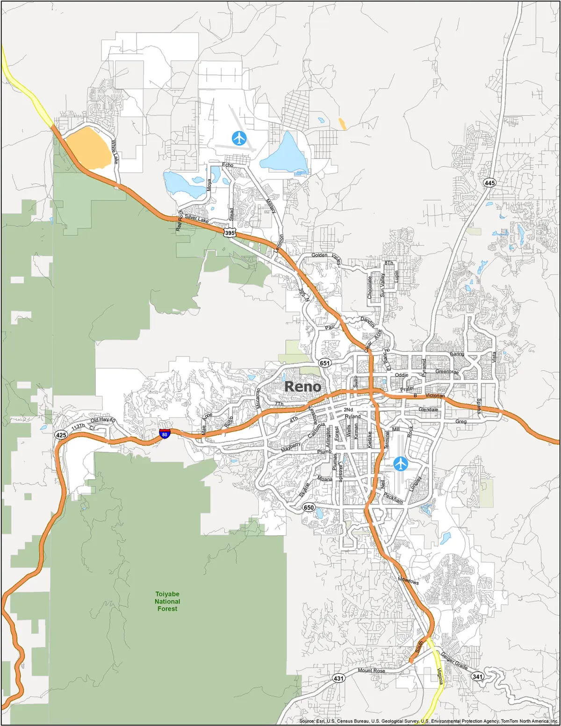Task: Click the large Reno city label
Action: tap(303, 387)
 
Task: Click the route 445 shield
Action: tap(489, 183)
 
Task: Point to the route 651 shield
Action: tap(325, 363)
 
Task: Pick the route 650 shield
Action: tap(309, 507)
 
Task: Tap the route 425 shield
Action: tap(61, 435)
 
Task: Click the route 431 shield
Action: tap(338, 678)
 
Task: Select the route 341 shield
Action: tap(477, 676)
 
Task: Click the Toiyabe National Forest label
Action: tap(167, 601)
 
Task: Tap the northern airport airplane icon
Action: tap(239, 138)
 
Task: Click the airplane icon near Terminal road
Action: tap(401, 464)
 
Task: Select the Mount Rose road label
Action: tap(372, 670)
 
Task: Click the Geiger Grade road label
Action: tap(454, 661)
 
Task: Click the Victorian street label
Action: tap(435, 396)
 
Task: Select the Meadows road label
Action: tap(409, 580)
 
